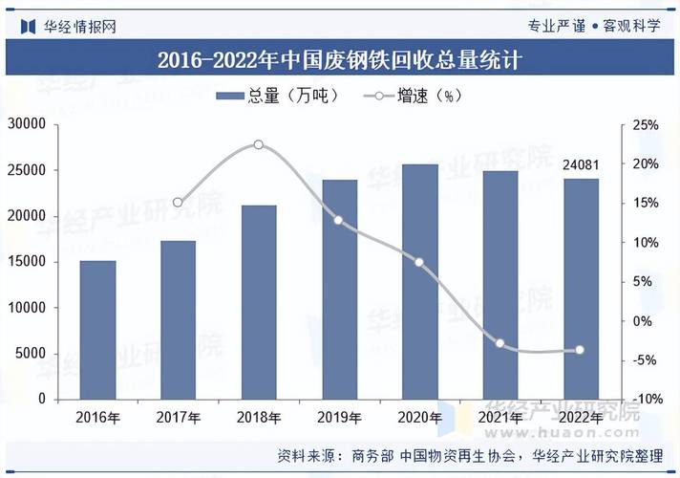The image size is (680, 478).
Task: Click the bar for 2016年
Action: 97,330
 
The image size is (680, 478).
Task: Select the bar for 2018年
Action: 259,302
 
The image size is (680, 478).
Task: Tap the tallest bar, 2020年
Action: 419,282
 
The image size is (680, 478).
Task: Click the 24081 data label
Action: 581,165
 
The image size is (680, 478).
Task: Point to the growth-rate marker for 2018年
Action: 259,144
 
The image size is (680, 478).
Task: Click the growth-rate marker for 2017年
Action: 178,203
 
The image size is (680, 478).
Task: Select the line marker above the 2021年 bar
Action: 499,343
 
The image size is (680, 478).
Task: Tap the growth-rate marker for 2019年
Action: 338,221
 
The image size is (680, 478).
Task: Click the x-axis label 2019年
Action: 338,418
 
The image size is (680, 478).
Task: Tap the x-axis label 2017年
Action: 178,418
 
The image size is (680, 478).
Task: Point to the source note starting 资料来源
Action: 468,455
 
